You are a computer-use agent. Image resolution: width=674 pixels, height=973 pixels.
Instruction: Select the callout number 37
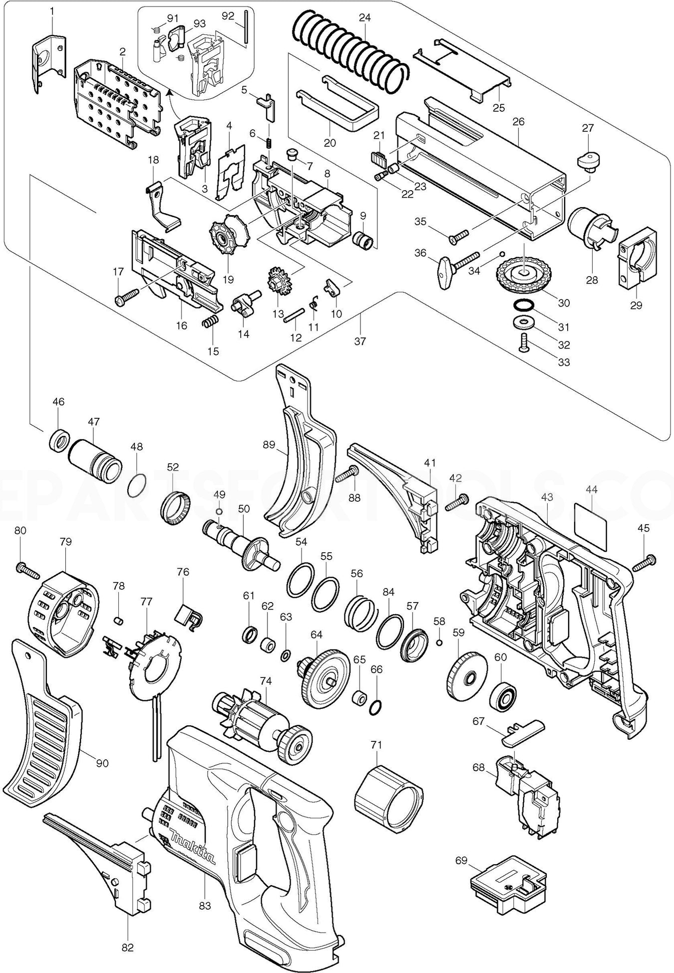point(360,341)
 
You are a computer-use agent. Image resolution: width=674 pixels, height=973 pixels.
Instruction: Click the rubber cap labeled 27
point(588,161)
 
